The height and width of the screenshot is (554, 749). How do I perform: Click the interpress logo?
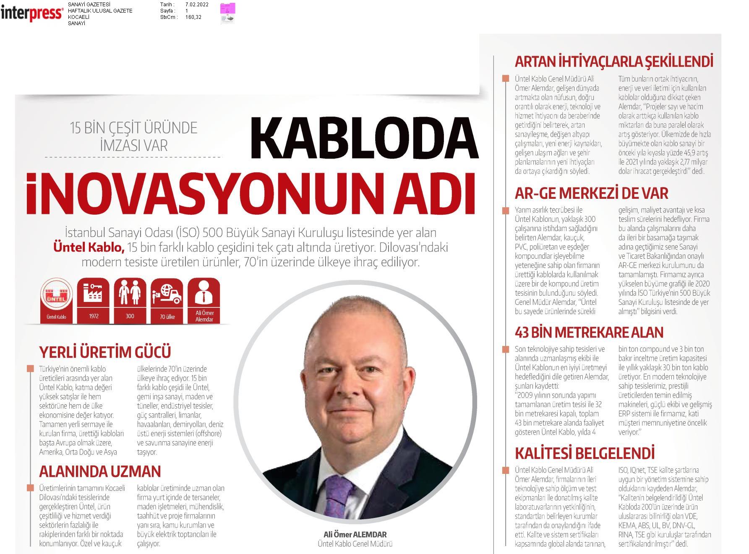[x=32, y=13]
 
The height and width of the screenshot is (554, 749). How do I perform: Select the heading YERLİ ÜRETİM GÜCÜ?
[x=105, y=352]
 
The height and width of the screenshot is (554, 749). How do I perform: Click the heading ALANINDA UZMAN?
[x=100, y=471]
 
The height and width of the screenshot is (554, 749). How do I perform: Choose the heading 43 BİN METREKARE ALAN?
[x=589, y=333]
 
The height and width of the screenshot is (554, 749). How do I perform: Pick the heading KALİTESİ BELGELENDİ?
[x=585, y=453]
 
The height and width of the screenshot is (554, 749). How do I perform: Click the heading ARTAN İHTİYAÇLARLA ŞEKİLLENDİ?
[x=613, y=62]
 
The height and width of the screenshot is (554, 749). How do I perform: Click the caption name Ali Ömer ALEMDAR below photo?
[x=355, y=534]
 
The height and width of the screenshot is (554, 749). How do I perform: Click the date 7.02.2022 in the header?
[x=197, y=5]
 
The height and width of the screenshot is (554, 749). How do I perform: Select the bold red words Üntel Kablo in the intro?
[x=89, y=248]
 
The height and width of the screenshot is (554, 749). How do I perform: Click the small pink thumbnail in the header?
[x=228, y=13]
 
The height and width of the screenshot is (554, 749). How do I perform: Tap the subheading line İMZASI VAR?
[x=134, y=145]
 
